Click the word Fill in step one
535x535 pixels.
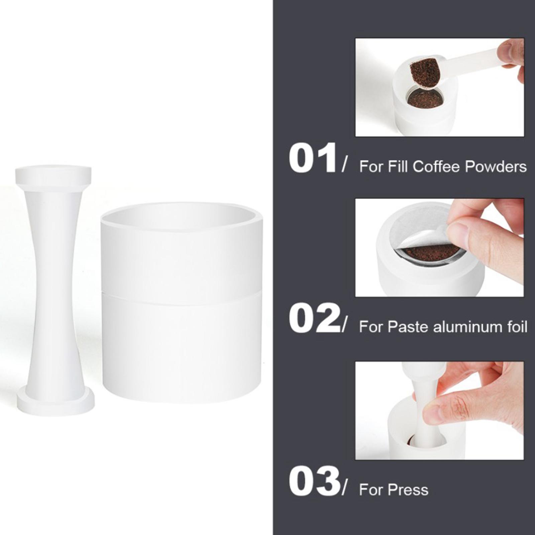[398, 167]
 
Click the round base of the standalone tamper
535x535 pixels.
[56, 404]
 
